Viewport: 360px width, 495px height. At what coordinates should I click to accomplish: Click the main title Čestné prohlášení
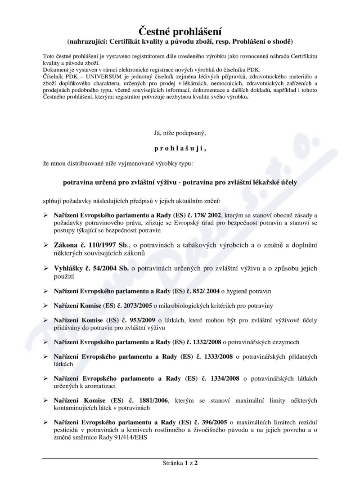180,31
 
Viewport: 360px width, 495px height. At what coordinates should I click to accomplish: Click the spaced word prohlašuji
180,147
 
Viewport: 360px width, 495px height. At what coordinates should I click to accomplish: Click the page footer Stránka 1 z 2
180,463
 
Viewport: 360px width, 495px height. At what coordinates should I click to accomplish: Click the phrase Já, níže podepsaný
180,133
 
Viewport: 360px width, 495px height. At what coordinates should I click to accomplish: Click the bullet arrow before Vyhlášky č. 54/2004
45,269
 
